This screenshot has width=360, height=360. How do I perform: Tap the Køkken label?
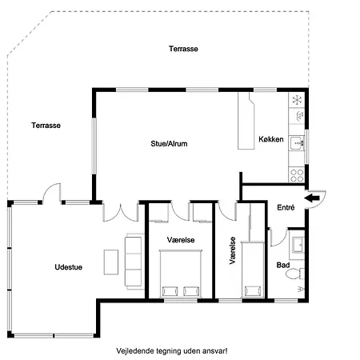pos(270,139)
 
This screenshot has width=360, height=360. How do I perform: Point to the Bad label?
pos(282,264)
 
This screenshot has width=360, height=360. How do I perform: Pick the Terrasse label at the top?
pos(183,49)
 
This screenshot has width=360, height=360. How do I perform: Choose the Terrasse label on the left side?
pos(46,125)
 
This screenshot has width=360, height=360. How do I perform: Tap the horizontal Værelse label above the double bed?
pos(180,239)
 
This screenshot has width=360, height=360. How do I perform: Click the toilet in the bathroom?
pos(296,274)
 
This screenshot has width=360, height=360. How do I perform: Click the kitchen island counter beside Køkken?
pos(244,120)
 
